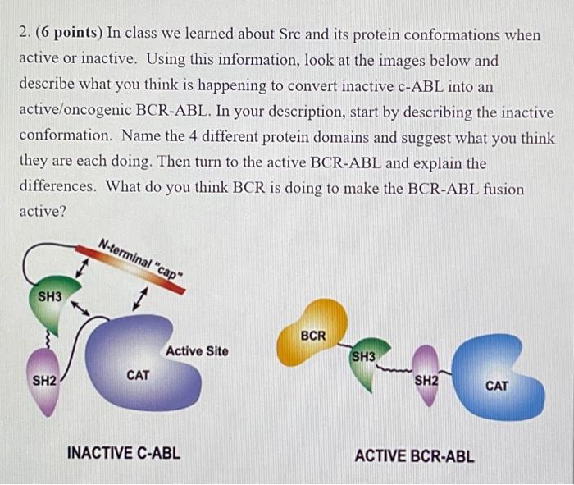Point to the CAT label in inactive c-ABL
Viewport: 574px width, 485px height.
(138, 376)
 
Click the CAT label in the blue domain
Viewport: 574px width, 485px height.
(497, 386)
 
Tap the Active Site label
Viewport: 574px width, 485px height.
(197, 351)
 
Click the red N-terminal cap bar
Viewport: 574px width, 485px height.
(130, 269)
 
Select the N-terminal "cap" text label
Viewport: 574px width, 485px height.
(141, 259)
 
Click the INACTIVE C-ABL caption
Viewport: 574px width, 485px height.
(124, 453)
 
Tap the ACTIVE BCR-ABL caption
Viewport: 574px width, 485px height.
(414, 456)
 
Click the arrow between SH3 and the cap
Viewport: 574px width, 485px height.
(82, 268)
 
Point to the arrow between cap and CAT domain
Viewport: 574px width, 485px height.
(140, 299)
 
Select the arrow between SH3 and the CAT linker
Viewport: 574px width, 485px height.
(80, 308)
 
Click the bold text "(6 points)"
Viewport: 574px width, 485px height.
(69, 33)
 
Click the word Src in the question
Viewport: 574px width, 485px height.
(290, 34)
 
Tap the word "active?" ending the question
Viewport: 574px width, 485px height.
(42, 211)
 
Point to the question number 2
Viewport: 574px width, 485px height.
(24, 33)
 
